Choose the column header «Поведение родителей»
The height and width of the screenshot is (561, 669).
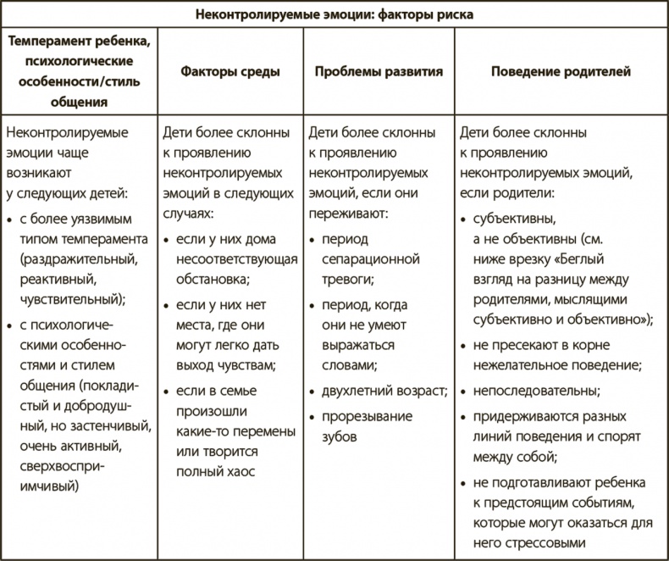561,72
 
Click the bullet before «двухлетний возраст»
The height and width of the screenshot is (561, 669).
313,391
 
